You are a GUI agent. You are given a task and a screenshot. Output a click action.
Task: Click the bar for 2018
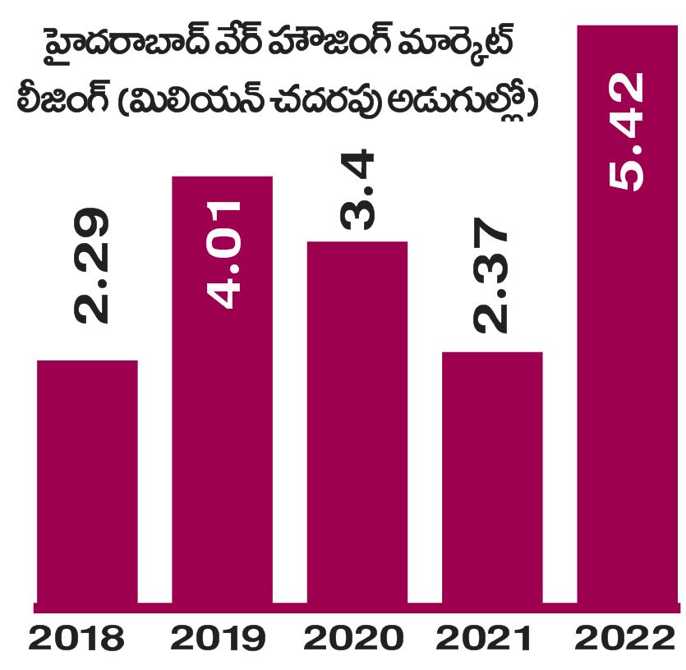click(x=87, y=483)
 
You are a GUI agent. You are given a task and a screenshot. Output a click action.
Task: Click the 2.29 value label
click(x=90, y=267)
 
